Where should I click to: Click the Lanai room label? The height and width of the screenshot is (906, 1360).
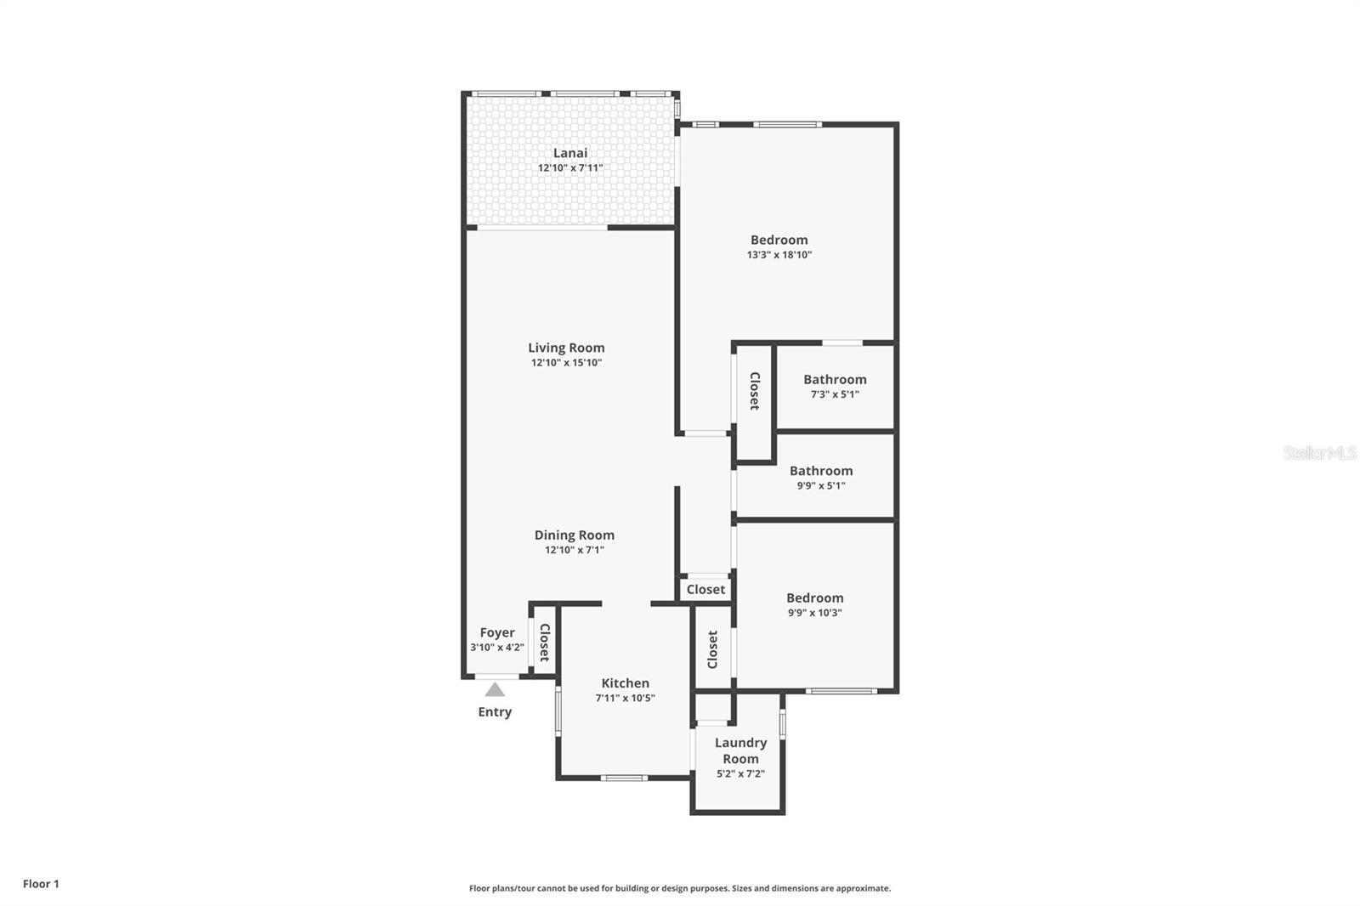tap(569, 153)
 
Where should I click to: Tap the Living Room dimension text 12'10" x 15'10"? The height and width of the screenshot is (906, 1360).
tap(566, 363)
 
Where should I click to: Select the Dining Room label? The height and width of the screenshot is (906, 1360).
tap(574, 535)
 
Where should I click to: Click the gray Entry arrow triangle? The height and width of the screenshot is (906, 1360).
tap(495, 689)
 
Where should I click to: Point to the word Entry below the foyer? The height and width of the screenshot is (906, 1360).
tap(495, 712)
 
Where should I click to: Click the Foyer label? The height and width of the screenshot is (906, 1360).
tap(496, 632)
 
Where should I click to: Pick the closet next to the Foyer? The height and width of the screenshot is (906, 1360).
tap(545, 643)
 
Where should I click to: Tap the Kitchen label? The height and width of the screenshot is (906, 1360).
tap(625, 683)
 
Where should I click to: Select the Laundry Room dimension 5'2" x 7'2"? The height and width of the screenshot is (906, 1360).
tap(740, 774)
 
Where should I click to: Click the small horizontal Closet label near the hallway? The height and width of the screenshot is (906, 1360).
tap(705, 589)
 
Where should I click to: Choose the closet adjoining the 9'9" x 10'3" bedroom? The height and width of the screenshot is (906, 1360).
tap(712, 649)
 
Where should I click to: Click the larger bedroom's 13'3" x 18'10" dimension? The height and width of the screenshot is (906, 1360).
tap(779, 255)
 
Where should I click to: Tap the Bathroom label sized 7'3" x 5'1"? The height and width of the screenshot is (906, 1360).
tap(835, 380)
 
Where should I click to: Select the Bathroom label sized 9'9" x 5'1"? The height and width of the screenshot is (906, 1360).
tap(820, 471)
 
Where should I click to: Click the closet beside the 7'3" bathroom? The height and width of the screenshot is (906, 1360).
tap(754, 391)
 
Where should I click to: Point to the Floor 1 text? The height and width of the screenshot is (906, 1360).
tap(41, 884)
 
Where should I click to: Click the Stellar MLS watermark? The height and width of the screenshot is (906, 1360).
tap(1319, 454)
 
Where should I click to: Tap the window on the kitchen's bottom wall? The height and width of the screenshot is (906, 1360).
tap(624, 778)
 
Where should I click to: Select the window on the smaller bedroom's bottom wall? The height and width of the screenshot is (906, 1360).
tap(841, 691)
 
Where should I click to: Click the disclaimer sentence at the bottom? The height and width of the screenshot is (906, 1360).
tap(679, 888)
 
